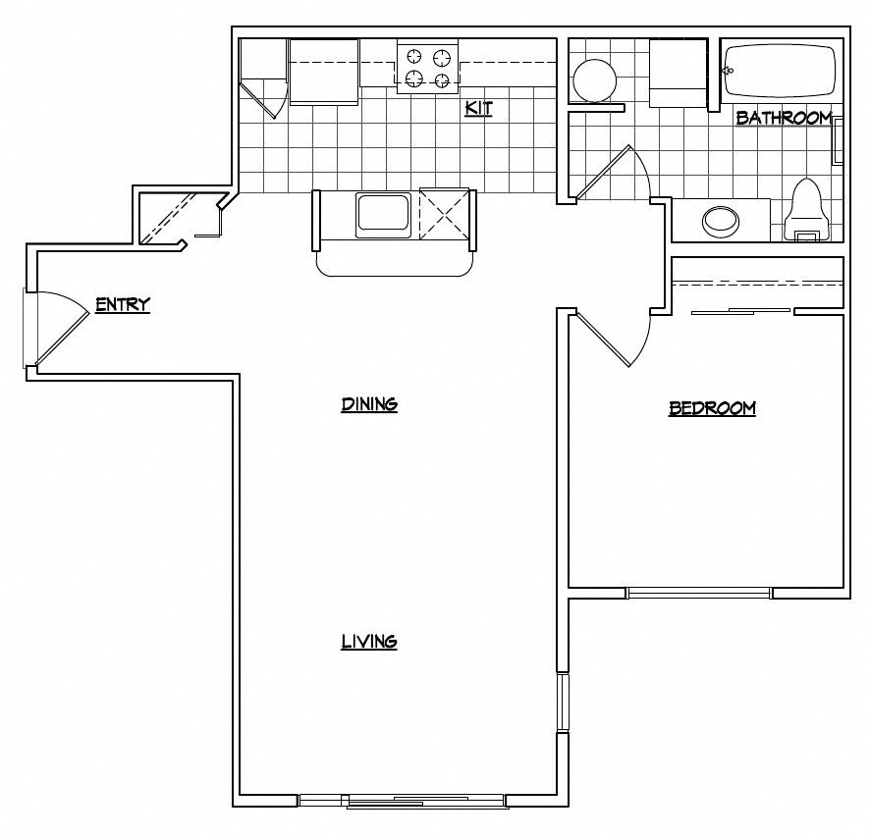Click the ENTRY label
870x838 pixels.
click(123, 305)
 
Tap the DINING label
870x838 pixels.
click(369, 404)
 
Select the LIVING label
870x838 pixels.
click(369, 642)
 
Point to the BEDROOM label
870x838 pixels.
click(712, 408)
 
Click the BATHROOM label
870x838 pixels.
click(784, 118)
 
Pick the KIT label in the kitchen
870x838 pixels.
click(478, 108)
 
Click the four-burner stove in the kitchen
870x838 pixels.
click(428, 67)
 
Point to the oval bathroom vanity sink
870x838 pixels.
click(723, 221)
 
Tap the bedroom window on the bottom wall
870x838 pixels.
click(699, 592)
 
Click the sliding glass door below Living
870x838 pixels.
click(403, 801)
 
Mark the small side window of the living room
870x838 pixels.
click(563, 702)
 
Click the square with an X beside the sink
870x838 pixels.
click(444, 213)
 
